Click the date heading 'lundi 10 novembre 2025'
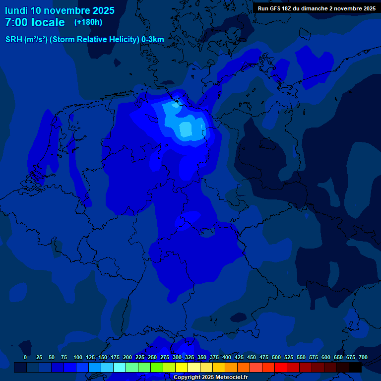click(x=60, y=10)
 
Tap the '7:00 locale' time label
click(x=35, y=22)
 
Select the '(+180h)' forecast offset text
click(x=88, y=22)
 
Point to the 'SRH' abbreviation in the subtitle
click(x=14, y=40)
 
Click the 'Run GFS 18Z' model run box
click(x=317, y=8)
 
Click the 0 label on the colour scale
click(x=25, y=357)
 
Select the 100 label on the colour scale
click(x=78, y=357)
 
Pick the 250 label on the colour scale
click(x=152, y=357)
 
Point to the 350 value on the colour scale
click(x=202, y=357)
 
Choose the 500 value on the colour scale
click(x=276, y=357)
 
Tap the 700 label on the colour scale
click(x=363, y=357)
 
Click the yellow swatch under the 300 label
click(x=182, y=368)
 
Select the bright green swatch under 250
click(x=157, y=368)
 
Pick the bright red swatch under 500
click(x=281, y=368)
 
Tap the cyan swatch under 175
click(x=120, y=368)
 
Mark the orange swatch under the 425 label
click(x=244, y=368)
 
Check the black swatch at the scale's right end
click(x=355, y=368)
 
